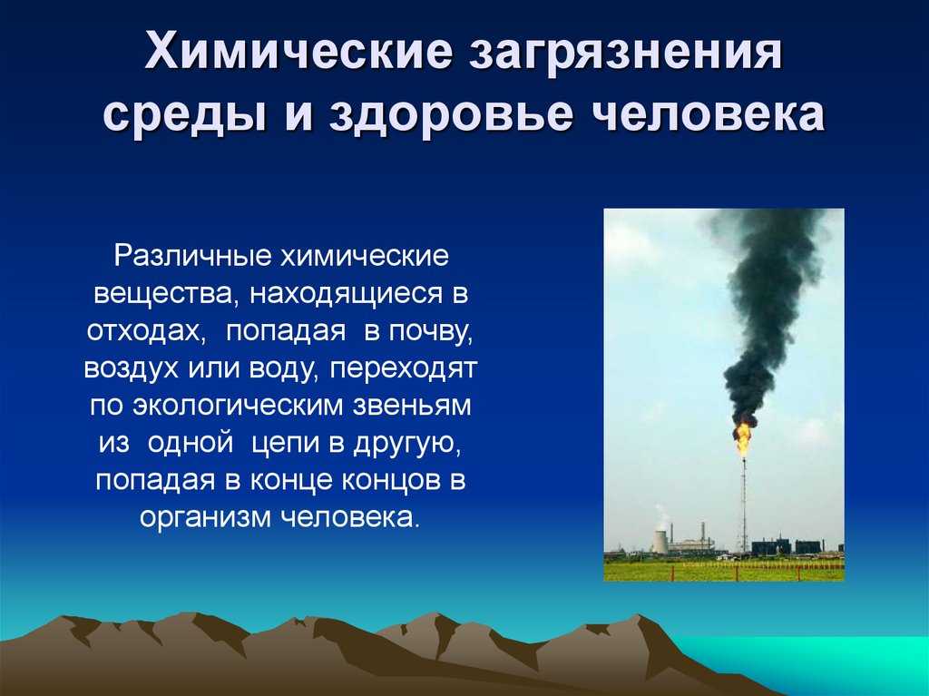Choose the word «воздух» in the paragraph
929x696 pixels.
[x=132, y=369]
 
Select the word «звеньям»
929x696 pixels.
[x=413, y=407]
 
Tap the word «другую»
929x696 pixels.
[x=406, y=445]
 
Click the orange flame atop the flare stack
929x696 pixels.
[x=743, y=437]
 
